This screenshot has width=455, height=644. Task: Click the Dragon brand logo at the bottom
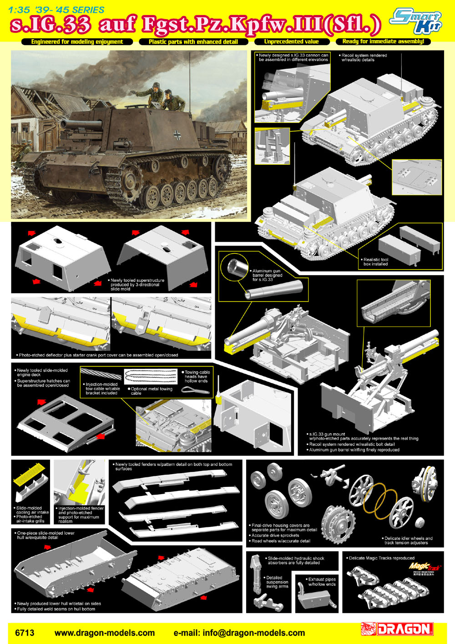397,629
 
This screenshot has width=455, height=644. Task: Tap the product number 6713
25,633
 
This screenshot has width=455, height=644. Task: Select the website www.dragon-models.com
105,633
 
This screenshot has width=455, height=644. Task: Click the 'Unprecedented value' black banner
292,42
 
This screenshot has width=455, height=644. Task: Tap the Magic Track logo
424,567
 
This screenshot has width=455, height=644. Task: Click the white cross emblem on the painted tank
177,135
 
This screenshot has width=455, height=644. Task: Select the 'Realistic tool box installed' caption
375,261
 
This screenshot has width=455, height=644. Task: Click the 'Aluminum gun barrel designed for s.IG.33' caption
267,275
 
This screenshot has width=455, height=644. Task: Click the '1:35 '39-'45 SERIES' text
56,10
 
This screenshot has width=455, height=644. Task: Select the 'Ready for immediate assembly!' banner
384,41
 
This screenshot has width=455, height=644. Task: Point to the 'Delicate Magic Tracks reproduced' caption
381,558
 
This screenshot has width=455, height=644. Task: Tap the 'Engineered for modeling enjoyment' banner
77,42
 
